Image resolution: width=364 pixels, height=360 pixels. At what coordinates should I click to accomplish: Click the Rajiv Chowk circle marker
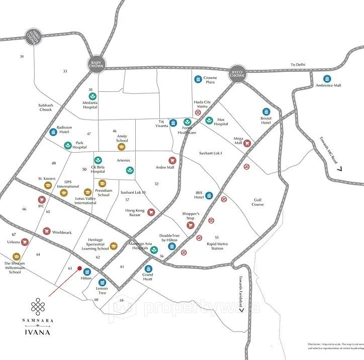click(x=95, y=64)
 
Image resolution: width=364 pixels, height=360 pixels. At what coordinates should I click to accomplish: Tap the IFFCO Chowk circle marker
click(x=237, y=73)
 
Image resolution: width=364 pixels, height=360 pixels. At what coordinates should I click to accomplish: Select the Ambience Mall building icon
click(x=327, y=78)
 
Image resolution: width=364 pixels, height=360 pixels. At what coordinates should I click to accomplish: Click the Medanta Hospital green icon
click(x=93, y=96)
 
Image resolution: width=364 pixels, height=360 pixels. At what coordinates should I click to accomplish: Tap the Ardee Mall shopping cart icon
click(x=172, y=161)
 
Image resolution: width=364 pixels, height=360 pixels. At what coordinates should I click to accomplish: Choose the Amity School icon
click(x=121, y=148)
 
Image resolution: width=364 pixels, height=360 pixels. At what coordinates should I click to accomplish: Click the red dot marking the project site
click(x=79, y=269)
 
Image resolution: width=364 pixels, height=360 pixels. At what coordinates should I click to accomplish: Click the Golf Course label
click(x=258, y=202)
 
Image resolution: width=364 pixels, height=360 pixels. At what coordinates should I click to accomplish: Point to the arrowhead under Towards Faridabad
click(x=242, y=310)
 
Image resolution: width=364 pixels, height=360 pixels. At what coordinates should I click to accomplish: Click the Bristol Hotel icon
click(x=266, y=111)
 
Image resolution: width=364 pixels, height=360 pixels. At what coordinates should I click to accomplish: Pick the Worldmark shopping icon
click(x=47, y=231)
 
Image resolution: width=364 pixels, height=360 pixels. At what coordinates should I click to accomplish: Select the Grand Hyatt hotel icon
click(x=148, y=269)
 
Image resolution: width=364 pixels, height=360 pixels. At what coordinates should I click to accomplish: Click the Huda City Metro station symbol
click(x=198, y=113)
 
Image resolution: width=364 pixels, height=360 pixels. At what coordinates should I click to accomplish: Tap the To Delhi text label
click(x=298, y=64)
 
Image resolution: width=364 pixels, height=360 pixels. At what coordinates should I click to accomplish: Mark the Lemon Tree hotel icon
click(x=103, y=282)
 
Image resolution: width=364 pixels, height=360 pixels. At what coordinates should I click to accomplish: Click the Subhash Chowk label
click(x=45, y=107)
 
